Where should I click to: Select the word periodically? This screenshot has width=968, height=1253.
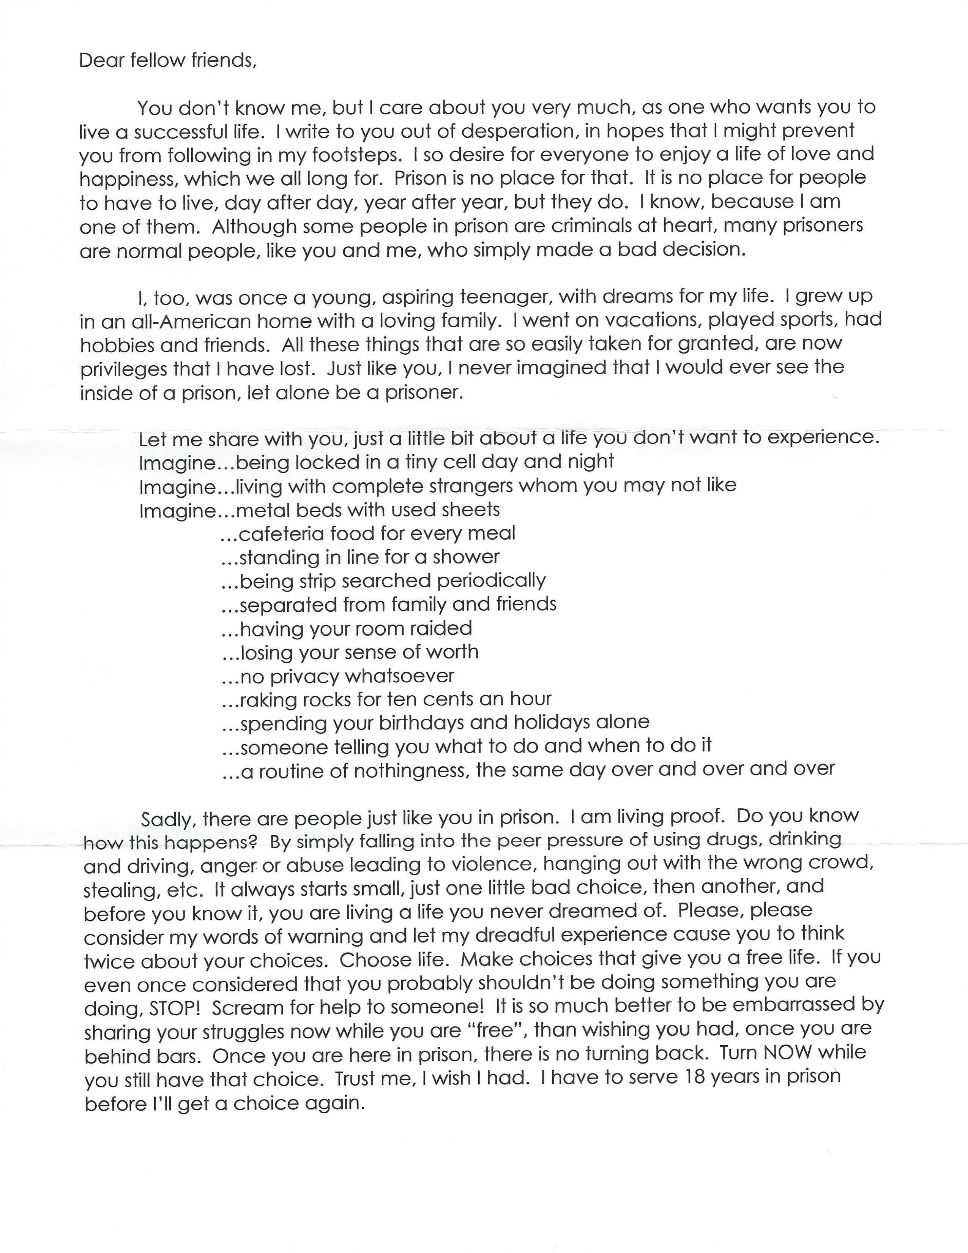pyautogui.click(x=491, y=581)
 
